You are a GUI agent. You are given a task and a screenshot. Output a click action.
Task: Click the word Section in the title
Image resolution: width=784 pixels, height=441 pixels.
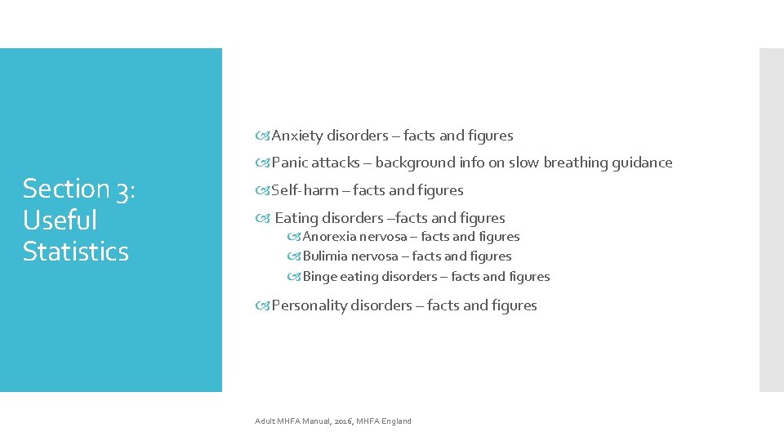coord(66,189)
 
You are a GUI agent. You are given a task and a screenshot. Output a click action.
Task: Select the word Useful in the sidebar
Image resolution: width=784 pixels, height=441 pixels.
coord(60,220)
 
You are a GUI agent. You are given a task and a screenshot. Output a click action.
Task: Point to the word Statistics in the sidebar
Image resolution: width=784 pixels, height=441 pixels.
coord(76,252)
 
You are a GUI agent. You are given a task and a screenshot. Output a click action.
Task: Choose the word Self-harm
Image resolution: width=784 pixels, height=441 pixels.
coord(305,190)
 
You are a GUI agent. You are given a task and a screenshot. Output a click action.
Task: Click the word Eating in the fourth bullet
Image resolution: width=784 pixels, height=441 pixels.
coord(296,218)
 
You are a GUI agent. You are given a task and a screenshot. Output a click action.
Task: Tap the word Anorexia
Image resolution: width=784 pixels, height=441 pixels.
coord(330,237)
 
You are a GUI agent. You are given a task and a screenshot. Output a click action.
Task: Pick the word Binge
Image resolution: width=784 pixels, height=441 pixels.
coord(319,277)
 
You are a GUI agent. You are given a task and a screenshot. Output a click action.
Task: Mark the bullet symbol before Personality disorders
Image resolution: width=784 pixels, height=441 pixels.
coord(263,305)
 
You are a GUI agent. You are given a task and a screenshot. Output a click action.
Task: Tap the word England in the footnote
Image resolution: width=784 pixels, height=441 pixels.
coord(396,421)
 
